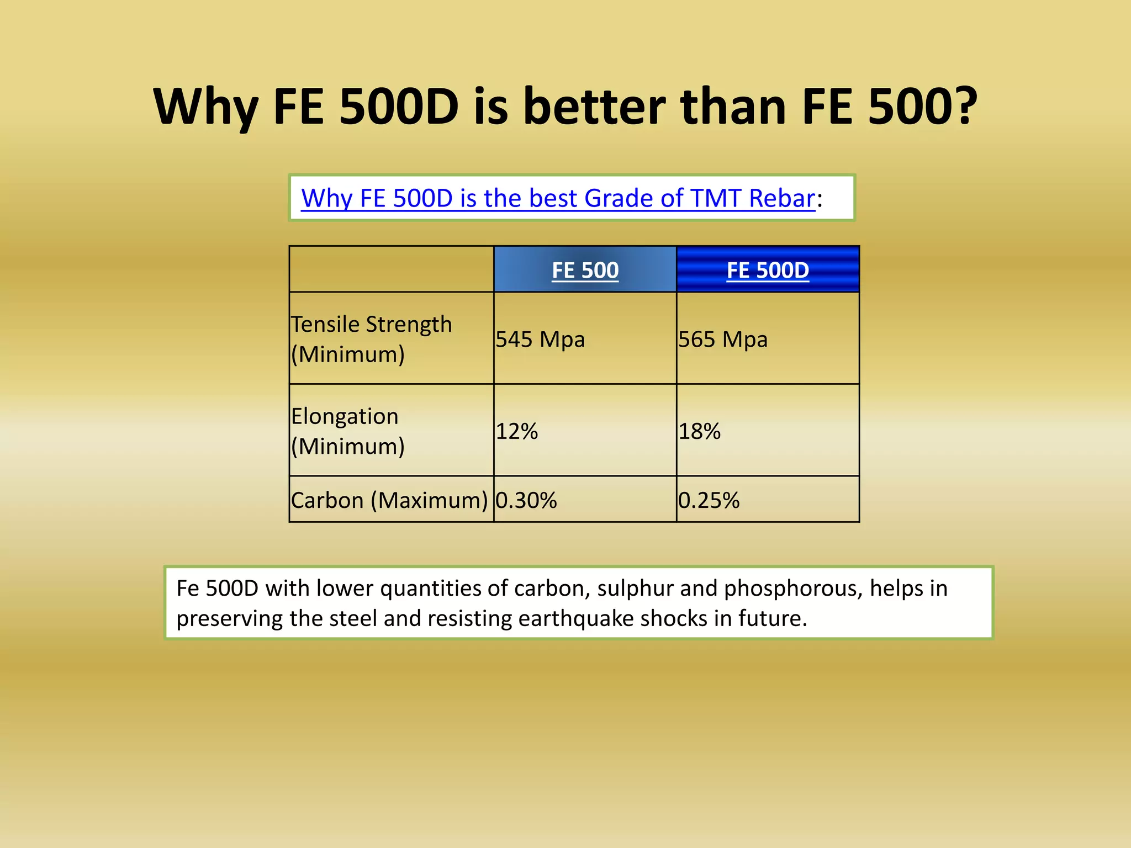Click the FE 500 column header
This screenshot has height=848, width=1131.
tap(585, 270)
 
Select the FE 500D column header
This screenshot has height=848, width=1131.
tap(767, 270)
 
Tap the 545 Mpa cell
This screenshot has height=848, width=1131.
tap(540, 339)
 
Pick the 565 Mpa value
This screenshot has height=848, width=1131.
tap(723, 339)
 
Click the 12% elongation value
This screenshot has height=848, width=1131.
tap(517, 431)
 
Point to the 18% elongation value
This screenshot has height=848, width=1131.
tap(700, 431)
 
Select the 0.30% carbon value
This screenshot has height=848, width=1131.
tap(526, 500)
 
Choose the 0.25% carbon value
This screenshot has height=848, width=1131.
tap(709, 500)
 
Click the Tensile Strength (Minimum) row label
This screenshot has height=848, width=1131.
tap(371, 338)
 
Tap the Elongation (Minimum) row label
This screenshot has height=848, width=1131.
tap(348, 431)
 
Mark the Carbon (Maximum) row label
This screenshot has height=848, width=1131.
tap(389, 500)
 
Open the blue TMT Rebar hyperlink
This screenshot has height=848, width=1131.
tap(558, 198)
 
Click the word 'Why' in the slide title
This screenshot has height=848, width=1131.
tap(205, 107)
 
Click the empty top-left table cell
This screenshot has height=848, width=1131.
tap(391, 269)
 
